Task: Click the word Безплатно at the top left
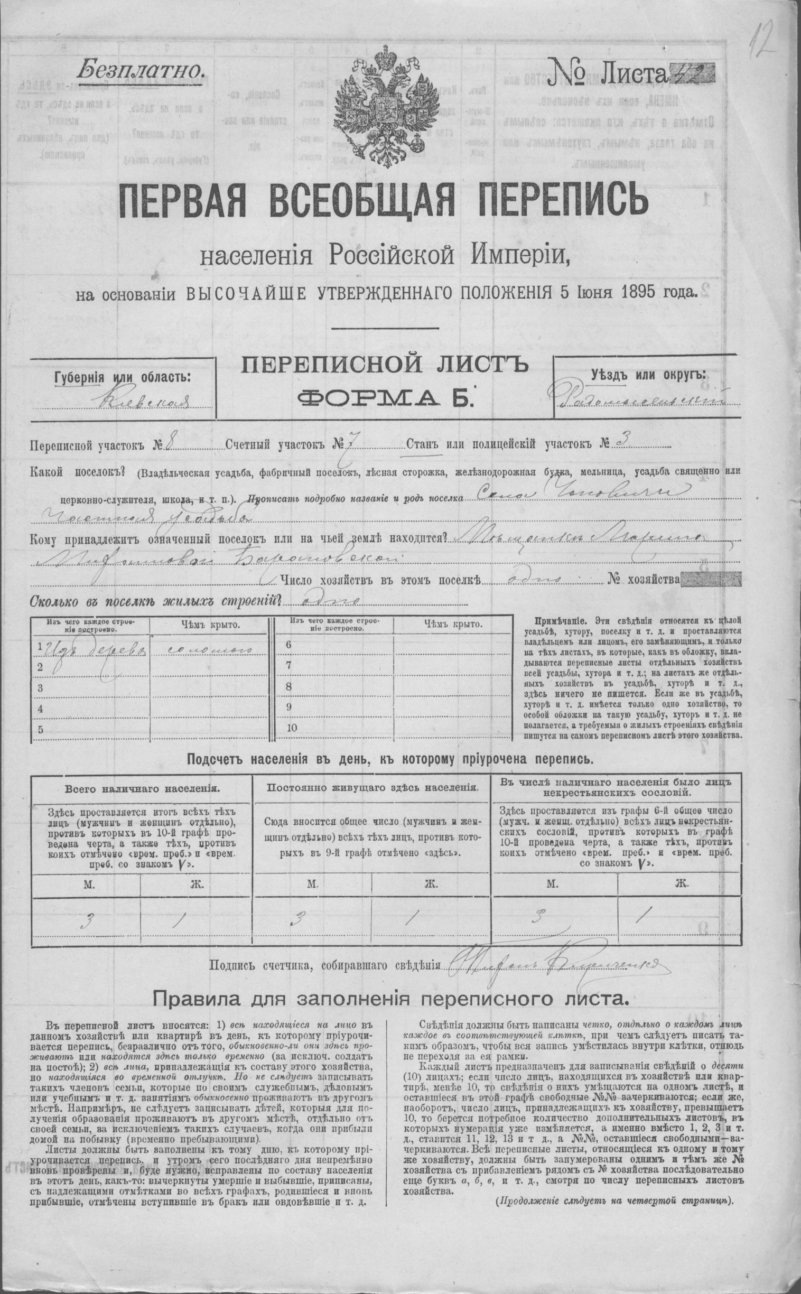tap(139, 69)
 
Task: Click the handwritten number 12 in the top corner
tap(763, 40)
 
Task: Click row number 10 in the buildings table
tap(291, 727)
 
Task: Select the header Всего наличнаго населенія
tap(142, 788)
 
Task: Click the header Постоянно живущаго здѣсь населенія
tap(373, 787)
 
